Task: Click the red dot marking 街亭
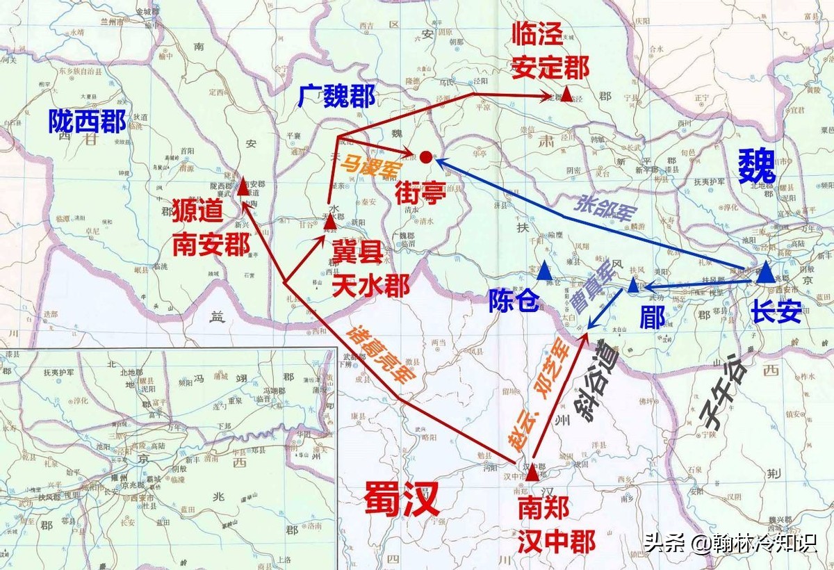click(x=426, y=158)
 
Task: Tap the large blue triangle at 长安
click(x=766, y=272)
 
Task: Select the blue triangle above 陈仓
click(x=544, y=271)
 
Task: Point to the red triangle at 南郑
click(x=532, y=474)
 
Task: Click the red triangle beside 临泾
click(x=568, y=94)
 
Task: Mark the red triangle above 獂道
click(x=243, y=187)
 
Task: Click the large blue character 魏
click(x=755, y=167)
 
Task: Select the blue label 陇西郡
click(x=87, y=122)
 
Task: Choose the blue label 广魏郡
click(x=337, y=96)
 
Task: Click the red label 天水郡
click(x=370, y=286)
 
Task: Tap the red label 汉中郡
click(x=556, y=541)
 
